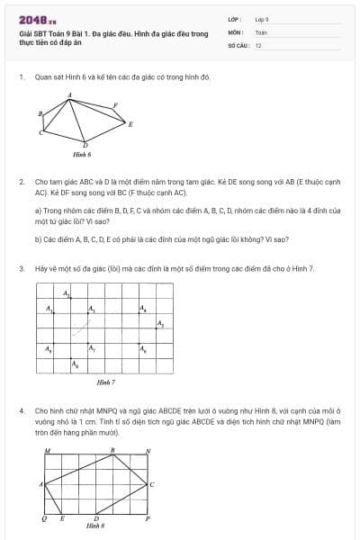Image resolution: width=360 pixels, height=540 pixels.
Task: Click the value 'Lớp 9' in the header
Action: pos(262,18)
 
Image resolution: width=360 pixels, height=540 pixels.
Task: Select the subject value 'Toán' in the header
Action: pos(261,31)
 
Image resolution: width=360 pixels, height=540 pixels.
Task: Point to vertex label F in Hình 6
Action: pos(115,105)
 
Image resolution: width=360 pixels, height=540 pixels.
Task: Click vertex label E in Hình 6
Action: pos(131,125)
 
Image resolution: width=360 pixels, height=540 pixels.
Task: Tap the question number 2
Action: pos(21,181)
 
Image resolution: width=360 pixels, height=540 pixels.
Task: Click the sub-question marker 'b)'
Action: pos(38,239)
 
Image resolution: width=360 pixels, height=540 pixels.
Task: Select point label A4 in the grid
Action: pos(142,310)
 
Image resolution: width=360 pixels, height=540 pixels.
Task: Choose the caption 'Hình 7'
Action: pos(105,382)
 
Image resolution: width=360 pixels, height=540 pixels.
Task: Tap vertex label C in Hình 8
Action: pos(152,485)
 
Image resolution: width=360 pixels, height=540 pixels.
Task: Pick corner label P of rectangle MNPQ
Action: pos(148,519)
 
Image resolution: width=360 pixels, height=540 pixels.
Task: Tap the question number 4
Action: pos(21,409)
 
